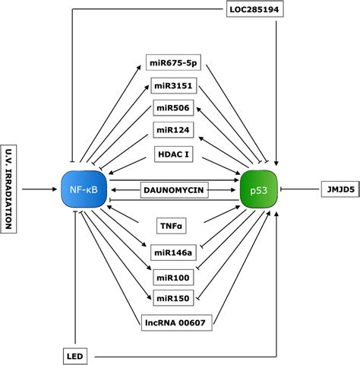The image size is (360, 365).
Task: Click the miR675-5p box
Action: [x=176, y=62]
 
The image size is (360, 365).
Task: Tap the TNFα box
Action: [x=172, y=225]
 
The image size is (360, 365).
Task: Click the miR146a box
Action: [x=175, y=249]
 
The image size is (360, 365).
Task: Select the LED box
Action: [x=74, y=354]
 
